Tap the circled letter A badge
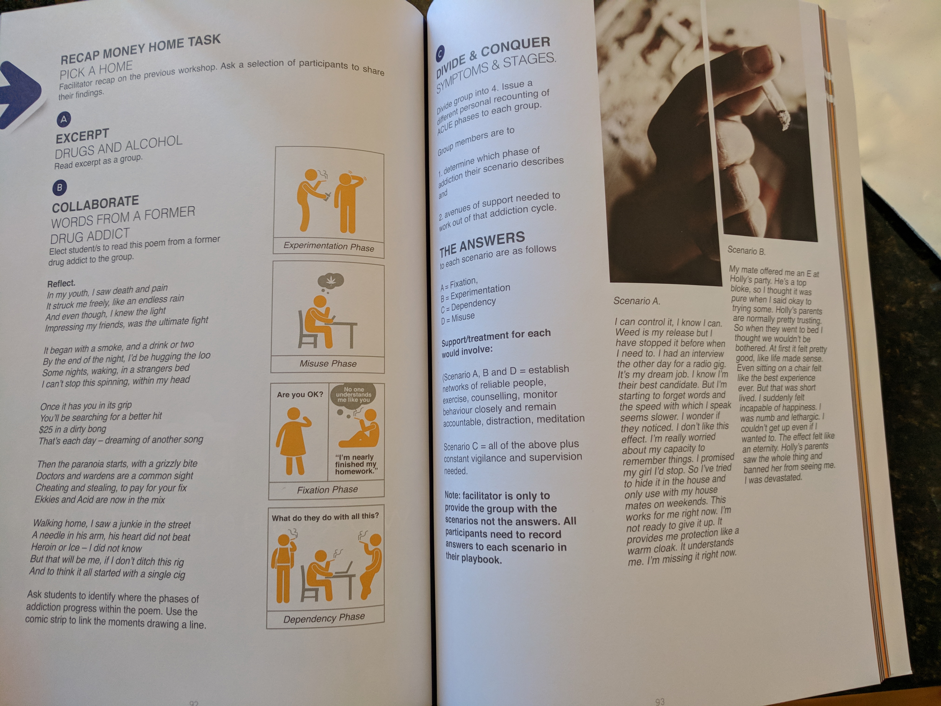pos(64,119)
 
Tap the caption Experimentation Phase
pos(329,246)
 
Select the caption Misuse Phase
pos(328,363)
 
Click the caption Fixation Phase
pos(327,490)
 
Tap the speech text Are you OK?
pos(300,394)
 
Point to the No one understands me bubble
pos(353,396)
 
